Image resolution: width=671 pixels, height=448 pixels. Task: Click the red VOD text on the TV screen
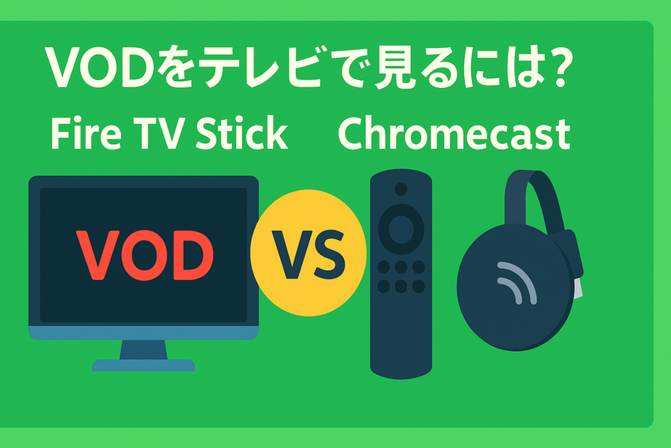145,254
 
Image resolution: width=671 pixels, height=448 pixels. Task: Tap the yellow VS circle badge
309,253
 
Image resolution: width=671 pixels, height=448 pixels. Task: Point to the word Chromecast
453,135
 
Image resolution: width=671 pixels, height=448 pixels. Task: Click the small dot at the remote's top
400,190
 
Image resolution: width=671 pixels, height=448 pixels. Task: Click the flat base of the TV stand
144,365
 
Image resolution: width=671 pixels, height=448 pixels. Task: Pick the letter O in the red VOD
144,254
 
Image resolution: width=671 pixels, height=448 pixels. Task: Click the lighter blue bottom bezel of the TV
144,333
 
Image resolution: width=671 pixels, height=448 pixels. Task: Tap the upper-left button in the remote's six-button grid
384,268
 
